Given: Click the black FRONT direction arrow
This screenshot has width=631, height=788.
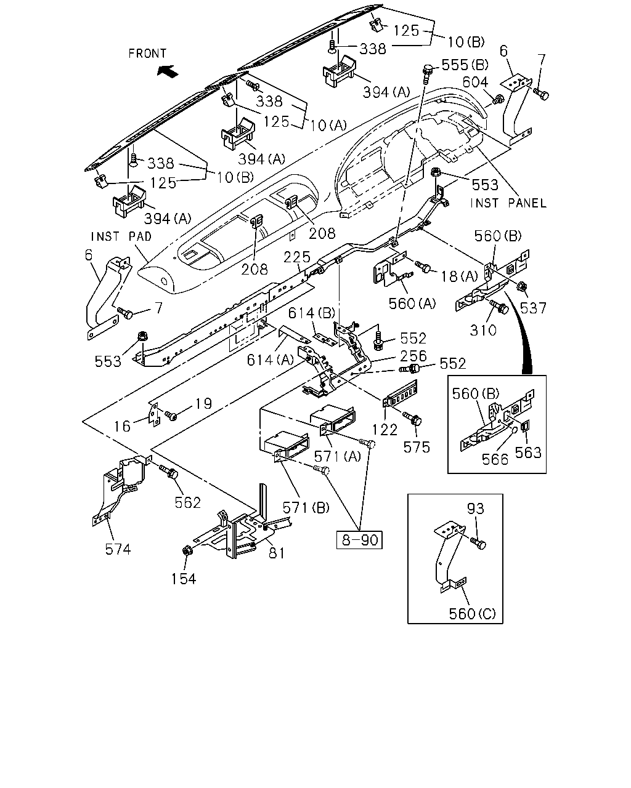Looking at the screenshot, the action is (168, 71).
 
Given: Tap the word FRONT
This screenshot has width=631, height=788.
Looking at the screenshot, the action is (147, 54).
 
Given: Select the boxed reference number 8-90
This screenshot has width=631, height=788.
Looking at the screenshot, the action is (359, 540).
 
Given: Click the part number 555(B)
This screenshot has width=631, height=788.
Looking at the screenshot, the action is (465, 65).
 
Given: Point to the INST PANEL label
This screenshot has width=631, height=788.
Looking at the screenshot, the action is (508, 203).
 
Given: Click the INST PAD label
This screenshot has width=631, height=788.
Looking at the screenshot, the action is (121, 236).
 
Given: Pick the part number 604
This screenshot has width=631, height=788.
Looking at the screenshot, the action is (475, 82).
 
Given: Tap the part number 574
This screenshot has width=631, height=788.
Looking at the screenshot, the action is (118, 549).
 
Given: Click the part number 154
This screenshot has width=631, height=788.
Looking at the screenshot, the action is (184, 579).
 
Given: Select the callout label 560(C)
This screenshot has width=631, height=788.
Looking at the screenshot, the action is (472, 614).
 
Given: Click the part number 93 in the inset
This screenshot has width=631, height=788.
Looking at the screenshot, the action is (476, 509).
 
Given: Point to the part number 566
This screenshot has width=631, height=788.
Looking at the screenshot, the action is (495, 459).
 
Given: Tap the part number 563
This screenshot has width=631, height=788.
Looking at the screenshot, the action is (528, 453).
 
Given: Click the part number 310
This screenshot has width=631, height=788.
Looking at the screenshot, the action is (483, 331).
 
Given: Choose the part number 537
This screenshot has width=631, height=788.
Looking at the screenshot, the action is (533, 308).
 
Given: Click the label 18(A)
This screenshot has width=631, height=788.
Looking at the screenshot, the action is (459, 276).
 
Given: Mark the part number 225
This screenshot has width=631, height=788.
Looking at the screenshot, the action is (297, 257).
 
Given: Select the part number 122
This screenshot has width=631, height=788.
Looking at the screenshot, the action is (385, 430).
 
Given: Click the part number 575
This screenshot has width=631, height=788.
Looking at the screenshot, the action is (417, 447).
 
